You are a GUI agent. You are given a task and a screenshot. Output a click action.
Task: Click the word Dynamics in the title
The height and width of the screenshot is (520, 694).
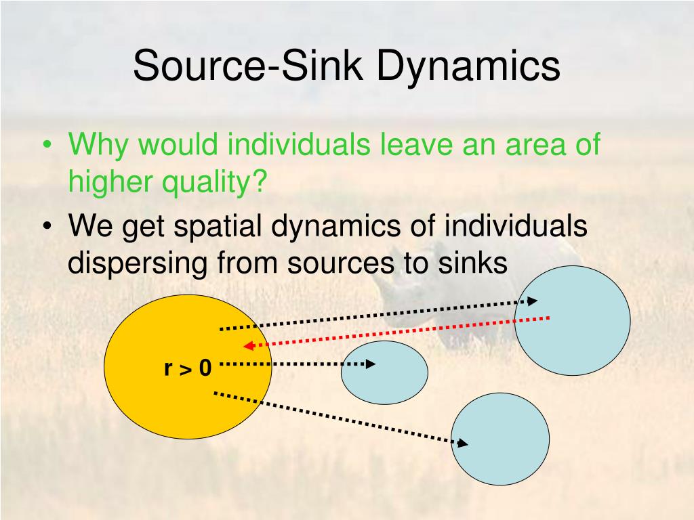click(468, 66)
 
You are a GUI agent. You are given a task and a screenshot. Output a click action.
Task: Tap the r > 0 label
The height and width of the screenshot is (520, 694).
click(188, 368)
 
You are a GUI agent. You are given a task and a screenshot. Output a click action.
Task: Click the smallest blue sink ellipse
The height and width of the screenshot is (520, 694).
click(384, 372)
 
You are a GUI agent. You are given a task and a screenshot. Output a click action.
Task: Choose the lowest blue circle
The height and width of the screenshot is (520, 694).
click(500, 439)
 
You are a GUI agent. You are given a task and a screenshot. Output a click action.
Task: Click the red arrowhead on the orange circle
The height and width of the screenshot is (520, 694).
click(249, 346)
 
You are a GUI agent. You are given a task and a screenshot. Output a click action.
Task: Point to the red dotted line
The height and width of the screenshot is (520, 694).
click(400, 332)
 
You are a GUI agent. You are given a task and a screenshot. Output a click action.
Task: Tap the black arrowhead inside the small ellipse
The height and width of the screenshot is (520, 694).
click(369, 364)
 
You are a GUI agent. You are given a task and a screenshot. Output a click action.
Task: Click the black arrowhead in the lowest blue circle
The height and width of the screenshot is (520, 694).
click(463, 443)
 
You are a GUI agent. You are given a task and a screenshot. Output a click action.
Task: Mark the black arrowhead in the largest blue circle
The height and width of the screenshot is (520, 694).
click(533, 301)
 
